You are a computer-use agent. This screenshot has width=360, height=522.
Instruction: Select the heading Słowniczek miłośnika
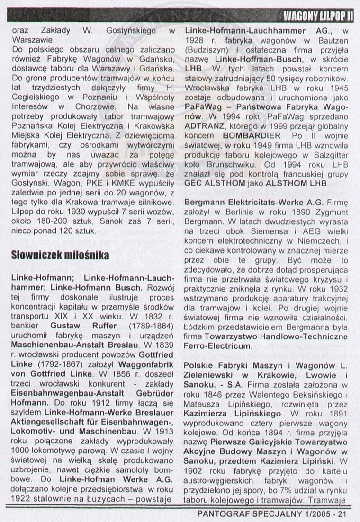pyautogui.click(x=60, y=256)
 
